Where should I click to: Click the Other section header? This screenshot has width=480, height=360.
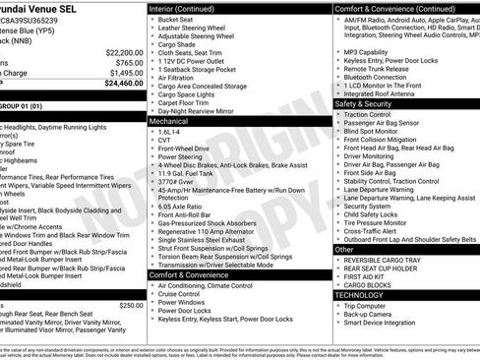pyautogui.click(x=344, y=250)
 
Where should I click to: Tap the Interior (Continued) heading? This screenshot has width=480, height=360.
pyautogui.click(x=189, y=8)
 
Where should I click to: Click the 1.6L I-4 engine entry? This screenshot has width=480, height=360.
pyautogui.click(x=169, y=130)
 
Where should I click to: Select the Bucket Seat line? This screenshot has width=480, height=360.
pyautogui.click(x=176, y=20)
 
